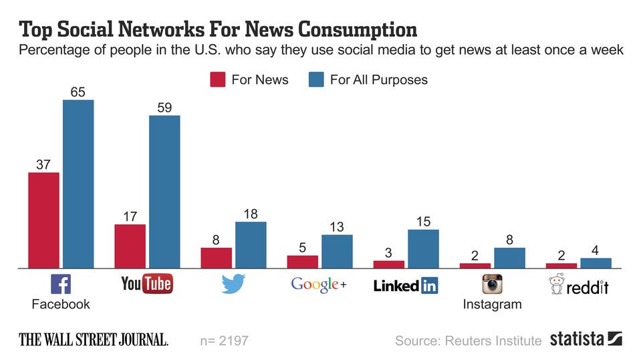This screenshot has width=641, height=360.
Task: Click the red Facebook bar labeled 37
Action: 43,220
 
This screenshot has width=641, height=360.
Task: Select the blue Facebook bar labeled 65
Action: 78,184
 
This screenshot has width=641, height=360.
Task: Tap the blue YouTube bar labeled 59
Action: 164,192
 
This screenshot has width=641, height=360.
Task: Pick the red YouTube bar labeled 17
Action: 130,246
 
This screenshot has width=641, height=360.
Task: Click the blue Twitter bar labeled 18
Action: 251,244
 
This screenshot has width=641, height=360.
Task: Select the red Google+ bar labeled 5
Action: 303,261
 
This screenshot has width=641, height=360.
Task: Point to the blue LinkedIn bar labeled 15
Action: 423,248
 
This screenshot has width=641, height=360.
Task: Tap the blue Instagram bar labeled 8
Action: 509,258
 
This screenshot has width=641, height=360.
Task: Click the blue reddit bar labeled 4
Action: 596,262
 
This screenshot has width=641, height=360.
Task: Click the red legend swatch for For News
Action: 218,80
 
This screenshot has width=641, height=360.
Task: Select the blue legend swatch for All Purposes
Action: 316,80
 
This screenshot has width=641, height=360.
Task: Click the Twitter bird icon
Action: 233,285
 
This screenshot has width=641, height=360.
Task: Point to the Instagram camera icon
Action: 492,285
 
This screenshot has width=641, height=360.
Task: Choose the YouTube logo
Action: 146,284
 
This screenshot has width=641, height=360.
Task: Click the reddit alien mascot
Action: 555,285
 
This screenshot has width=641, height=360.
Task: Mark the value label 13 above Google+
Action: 336,227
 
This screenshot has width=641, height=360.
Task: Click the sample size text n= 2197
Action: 224,341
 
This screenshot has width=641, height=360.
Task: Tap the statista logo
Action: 586,339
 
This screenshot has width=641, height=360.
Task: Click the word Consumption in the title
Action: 358,29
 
